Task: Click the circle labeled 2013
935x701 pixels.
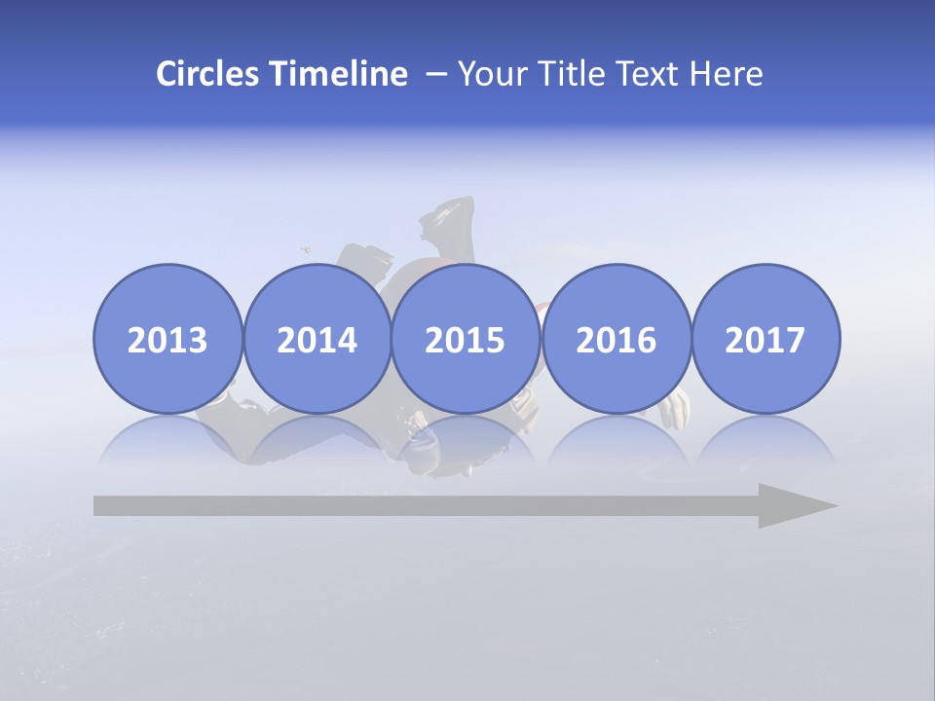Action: click(x=168, y=339)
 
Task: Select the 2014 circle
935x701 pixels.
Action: click(x=317, y=339)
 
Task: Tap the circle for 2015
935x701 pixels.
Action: click(x=466, y=339)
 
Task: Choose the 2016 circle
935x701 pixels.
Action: click(x=616, y=339)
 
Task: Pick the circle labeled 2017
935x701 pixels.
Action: click(x=765, y=339)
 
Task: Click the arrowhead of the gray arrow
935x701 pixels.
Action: click(x=794, y=505)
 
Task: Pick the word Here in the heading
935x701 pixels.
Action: click(x=727, y=74)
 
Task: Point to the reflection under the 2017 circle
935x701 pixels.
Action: click(x=765, y=443)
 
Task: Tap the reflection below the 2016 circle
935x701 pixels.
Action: click(x=616, y=443)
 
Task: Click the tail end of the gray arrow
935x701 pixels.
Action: click(x=102, y=505)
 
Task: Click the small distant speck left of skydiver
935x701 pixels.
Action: click(x=306, y=250)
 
